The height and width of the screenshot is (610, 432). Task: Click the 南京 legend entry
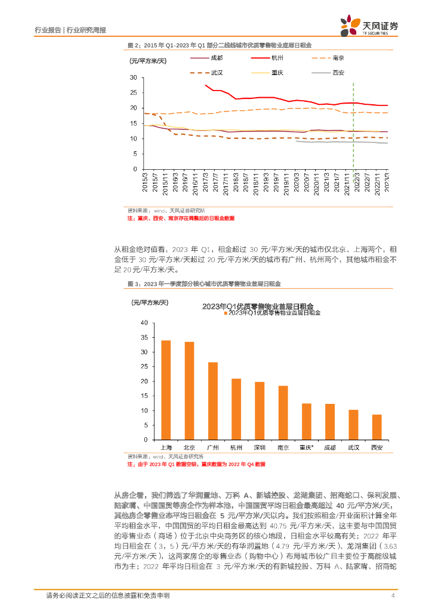337,58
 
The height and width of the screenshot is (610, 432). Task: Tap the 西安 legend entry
338,73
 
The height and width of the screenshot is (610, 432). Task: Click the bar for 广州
213,401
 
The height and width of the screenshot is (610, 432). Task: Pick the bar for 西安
377,427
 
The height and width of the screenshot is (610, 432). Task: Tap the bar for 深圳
260,411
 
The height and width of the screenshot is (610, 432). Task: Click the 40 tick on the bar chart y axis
143,323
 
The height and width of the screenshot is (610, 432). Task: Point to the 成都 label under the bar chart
330,447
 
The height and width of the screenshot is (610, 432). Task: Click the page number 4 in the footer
393,596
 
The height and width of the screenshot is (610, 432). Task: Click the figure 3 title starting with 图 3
204,284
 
